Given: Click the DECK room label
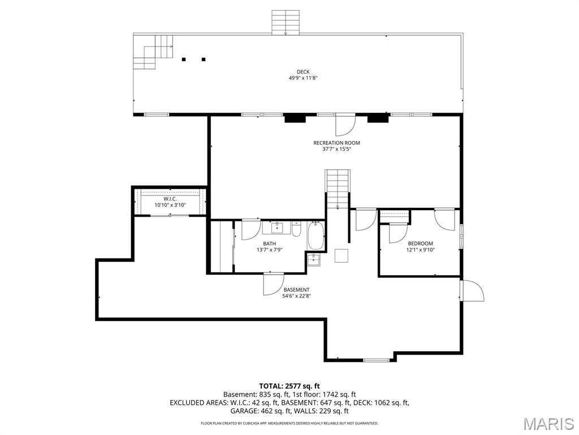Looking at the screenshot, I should pos(303,72).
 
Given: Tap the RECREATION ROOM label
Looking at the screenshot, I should pos(336,143).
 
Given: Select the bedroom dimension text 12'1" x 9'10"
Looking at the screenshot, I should pos(420,250).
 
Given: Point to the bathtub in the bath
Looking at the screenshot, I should pos(316,236).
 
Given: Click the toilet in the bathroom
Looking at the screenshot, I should pos(296,229).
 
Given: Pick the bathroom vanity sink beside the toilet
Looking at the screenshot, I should pos(276,228).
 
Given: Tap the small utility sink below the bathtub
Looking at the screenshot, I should pos(314,259).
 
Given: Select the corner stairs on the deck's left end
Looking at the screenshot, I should pos(153,52).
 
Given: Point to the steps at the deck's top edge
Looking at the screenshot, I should pos(286,23).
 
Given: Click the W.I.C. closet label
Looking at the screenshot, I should pos(170,199).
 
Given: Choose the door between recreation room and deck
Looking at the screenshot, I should pos(345,125).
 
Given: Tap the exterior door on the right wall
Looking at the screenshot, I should pos(472,291).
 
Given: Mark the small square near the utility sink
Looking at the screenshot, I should pos(342,256).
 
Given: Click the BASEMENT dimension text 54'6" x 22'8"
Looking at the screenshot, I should pos(297,296).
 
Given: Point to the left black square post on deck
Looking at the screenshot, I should pos(183,59).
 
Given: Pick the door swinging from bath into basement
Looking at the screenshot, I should pos(274,284).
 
